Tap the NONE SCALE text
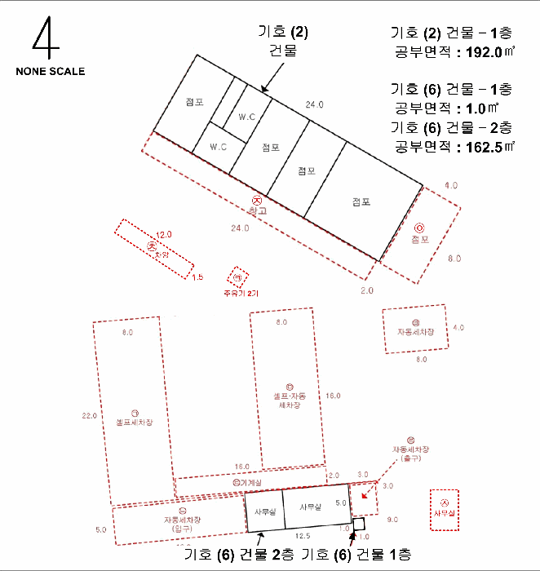50,71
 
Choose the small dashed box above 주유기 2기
238,276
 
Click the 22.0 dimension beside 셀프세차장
90,416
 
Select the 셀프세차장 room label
134,422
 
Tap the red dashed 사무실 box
445,511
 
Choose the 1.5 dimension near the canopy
197,277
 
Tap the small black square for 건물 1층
358,522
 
